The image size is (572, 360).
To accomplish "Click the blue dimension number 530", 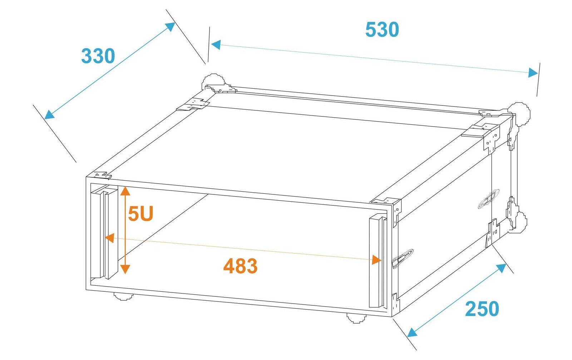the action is click(x=382, y=30).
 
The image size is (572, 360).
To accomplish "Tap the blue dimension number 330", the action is click(x=98, y=56).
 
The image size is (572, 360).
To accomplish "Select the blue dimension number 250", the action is click(x=482, y=309).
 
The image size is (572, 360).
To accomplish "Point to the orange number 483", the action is click(x=240, y=266).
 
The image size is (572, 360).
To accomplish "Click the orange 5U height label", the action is click(x=140, y=213).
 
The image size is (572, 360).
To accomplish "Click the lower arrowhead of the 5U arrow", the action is click(x=125, y=269).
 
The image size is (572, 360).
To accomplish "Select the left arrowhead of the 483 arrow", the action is click(x=110, y=238).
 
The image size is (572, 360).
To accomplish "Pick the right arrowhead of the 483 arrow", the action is click(x=377, y=260).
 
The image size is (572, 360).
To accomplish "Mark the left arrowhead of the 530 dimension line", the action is click(x=216, y=45).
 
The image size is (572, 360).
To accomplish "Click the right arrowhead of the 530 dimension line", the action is click(x=533, y=73).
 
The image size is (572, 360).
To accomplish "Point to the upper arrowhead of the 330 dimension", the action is click(x=170, y=26).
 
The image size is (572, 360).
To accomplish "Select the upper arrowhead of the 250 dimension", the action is click(x=501, y=268).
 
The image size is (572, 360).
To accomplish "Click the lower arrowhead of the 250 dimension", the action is click(x=412, y=333).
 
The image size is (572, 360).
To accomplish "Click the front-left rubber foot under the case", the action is click(x=123, y=296).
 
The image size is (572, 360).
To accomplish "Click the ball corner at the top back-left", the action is click(x=213, y=81).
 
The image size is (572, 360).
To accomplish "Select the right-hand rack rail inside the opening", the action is click(x=378, y=262).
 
